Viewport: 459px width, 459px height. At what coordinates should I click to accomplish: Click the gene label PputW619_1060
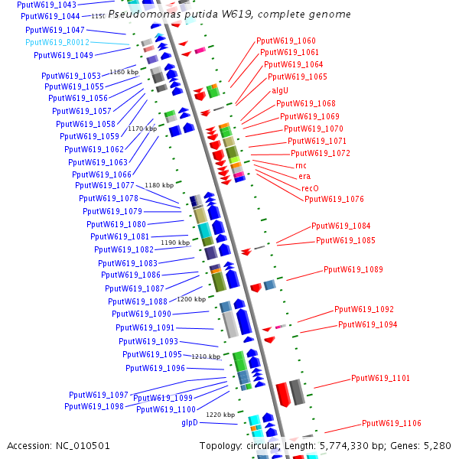[285, 41]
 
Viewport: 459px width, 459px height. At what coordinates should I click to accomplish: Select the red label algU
[280, 90]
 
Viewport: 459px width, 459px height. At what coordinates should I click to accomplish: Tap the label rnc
[301, 165]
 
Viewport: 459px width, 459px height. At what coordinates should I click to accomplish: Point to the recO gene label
[310, 187]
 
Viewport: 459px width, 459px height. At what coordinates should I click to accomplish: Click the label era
[304, 176]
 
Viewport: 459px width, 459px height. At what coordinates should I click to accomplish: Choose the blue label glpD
[190, 422]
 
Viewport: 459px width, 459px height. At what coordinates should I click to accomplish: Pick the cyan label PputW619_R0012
[57, 42]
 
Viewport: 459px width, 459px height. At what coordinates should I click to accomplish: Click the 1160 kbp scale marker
[124, 72]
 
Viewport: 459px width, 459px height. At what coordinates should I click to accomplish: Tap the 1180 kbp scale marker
[159, 185]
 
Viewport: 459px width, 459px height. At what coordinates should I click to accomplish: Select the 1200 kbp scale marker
[191, 299]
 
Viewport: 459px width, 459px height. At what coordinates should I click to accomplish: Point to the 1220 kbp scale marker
[220, 414]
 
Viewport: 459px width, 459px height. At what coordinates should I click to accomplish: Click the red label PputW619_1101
[380, 378]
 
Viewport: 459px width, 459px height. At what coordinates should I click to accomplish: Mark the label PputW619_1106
[391, 423]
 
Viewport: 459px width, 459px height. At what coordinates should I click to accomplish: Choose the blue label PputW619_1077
[104, 185]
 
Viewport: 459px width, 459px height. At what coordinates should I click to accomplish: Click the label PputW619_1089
[353, 269]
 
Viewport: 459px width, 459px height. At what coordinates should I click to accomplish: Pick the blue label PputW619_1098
[94, 406]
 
